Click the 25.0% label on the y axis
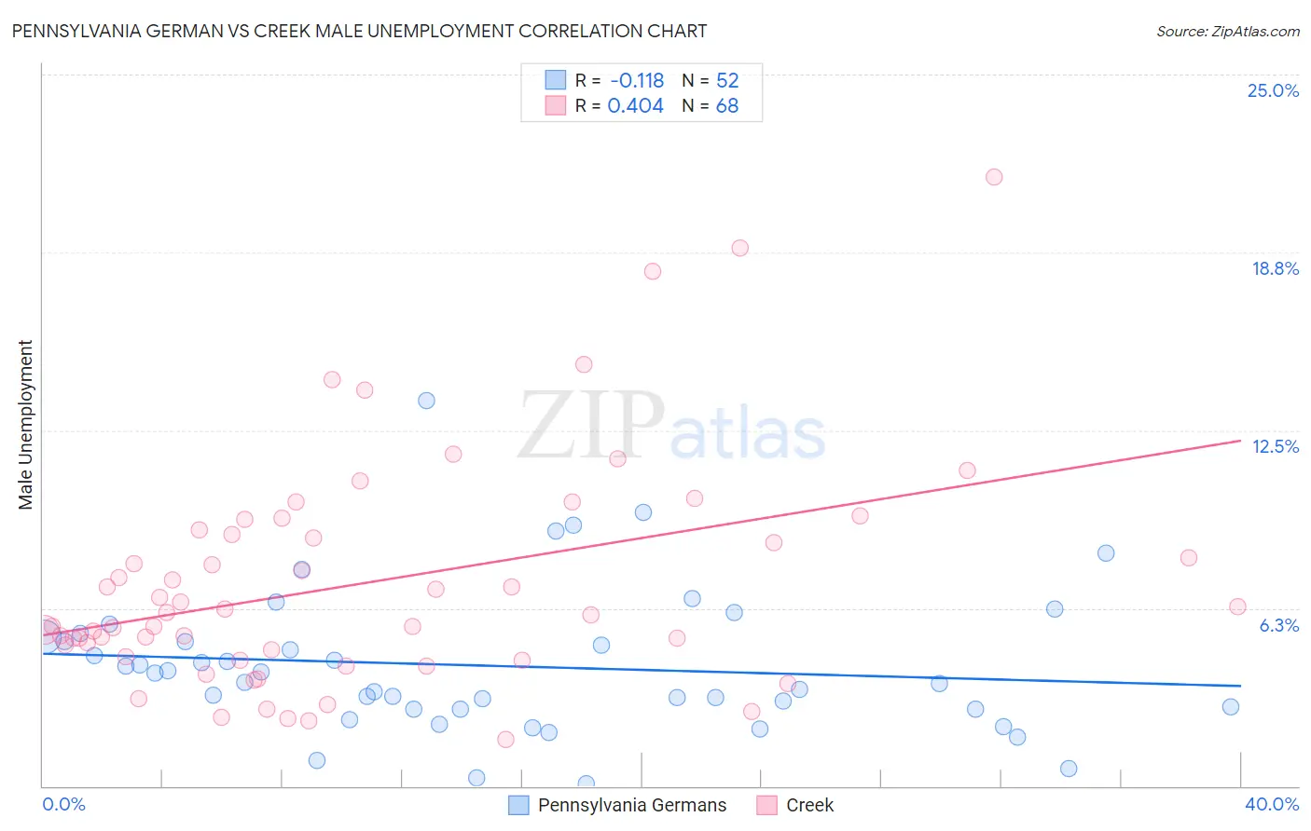coord(1273,90)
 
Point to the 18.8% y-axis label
coord(1275,268)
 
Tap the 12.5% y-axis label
coord(1275,446)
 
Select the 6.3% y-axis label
coord(1278,625)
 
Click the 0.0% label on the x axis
coord(63,804)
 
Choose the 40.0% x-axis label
coord(1271,804)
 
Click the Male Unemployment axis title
coord(25,425)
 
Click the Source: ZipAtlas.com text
coord(1227,31)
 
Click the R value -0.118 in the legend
coord(637,80)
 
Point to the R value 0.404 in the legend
coord(635,106)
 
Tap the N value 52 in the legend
coord(727,80)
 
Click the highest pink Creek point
coord(994,177)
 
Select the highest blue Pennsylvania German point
coord(426,401)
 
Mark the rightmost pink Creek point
coord(1237,606)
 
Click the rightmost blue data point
coord(1231,706)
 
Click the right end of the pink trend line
coord(1240,441)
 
